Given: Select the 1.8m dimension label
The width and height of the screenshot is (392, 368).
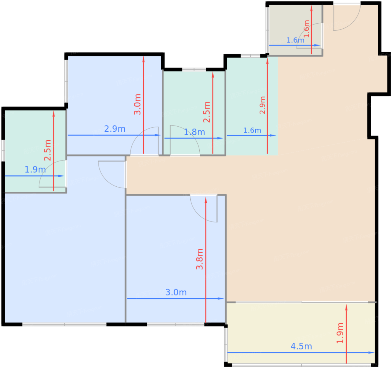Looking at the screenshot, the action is click(x=194, y=132).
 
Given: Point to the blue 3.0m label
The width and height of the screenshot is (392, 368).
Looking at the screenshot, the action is click(x=176, y=292).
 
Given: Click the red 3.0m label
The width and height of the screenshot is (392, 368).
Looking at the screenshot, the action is click(x=137, y=104).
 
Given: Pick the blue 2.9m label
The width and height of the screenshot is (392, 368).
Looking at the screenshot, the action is click(x=115, y=129).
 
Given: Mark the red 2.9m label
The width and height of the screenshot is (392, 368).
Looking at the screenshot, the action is click(x=262, y=105).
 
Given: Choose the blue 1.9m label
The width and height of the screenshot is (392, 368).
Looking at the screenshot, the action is click(x=35, y=170).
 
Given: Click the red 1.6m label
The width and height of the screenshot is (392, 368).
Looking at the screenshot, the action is click(x=307, y=29).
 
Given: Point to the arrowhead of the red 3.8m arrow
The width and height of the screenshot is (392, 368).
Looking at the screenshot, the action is click(x=206, y=200).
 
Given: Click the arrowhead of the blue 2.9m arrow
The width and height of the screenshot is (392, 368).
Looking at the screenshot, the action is click(x=158, y=135).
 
